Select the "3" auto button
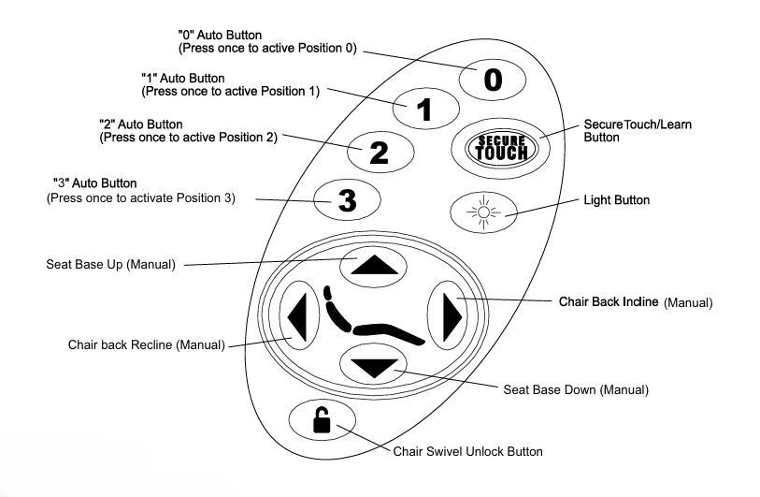(x=347, y=199)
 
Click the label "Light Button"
(x=616, y=200)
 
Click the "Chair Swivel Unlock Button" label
(x=467, y=451)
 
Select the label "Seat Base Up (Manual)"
(x=110, y=264)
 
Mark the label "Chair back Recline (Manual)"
(x=146, y=344)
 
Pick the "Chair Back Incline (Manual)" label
(x=636, y=302)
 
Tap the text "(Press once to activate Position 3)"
(x=141, y=198)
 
